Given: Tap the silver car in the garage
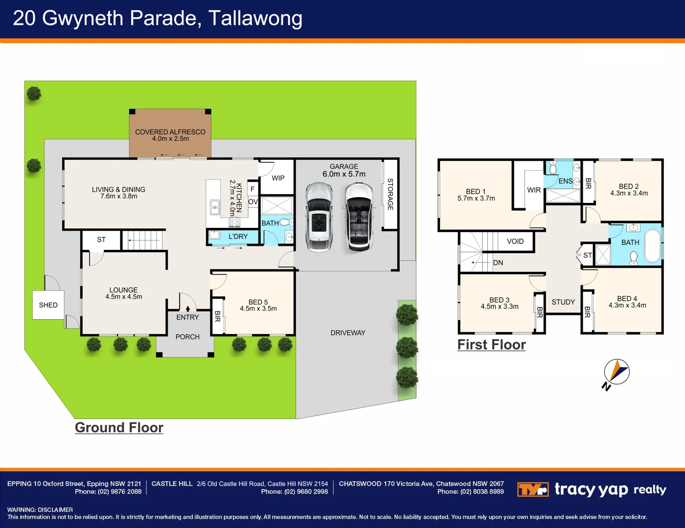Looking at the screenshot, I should point(319,217).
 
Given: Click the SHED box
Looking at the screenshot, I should point(48,305).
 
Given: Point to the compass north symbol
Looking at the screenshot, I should point(616,373).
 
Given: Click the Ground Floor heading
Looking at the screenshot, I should point(119,427).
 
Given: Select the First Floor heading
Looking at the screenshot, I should point(491,345).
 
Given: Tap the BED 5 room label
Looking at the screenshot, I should point(258,302).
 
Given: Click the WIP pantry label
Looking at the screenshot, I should point(278,178).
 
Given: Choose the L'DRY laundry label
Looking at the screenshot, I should point(238,237).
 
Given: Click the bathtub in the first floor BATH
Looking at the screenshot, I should point(652,246).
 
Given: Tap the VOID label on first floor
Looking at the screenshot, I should point(515,242).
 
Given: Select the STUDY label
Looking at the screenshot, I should point(563,302).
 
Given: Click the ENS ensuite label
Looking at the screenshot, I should point(565,181).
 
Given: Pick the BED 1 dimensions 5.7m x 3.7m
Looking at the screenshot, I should point(476,198).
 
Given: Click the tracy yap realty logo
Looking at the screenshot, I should point(592,489).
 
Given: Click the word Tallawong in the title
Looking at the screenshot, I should point(255,19).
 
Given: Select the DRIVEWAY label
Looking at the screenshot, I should point(348,333).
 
